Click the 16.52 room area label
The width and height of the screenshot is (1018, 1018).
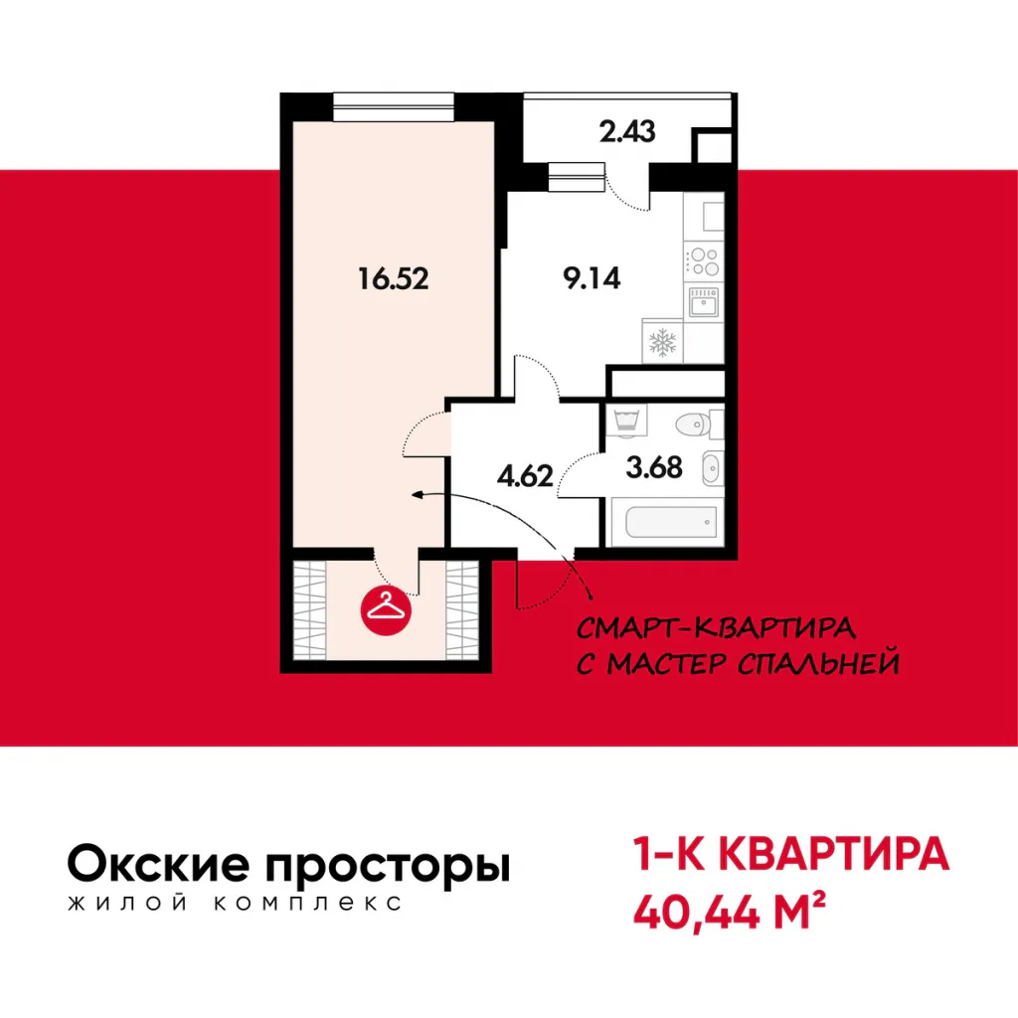pyautogui.click(x=394, y=279)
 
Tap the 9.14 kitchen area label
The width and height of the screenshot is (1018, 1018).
pyautogui.click(x=592, y=278)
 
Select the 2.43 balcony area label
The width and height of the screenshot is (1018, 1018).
pyautogui.click(x=627, y=132)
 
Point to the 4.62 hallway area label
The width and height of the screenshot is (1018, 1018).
pyautogui.click(x=525, y=476)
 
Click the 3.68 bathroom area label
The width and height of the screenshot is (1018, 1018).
pyautogui.click(x=654, y=467)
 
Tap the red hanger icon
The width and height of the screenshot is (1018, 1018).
pyautogui.click(x=386, y=609)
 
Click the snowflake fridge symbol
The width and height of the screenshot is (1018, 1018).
pyautogui.click(x=662, y=342)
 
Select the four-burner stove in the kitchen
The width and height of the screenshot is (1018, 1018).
pyautogui.click(x=704, y=261)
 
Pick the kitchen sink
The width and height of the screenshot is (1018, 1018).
pyautogui.click(x=704, y=302)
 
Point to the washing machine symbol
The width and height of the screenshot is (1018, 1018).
pyautogui.click(x=627, y=421)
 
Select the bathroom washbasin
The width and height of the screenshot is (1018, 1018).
pyautogui.click(x=712, y=467)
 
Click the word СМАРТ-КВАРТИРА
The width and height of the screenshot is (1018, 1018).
pyautogui.click(x=716, y=628)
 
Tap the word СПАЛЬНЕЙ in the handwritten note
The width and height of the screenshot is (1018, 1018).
pyautogui.click(x=818, y=663)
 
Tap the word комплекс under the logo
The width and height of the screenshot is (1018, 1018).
pyautogui.click(x=307, y=903)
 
